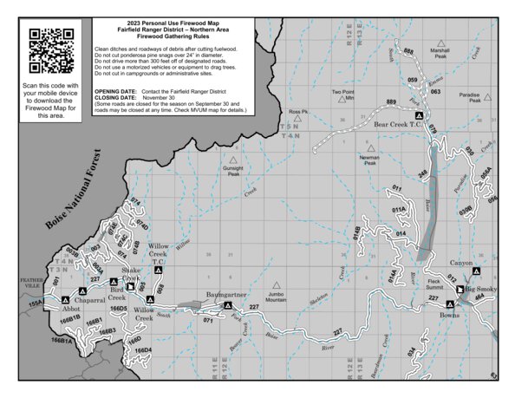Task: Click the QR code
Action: pyautogui.click(x=50, y=50)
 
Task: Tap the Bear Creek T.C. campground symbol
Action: pyautogui.click(x=419, y=115)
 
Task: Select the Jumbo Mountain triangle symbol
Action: pyautogui.click(x=277, y=284)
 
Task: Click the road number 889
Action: pyautogui.click(x=391, y=103)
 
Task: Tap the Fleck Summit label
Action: pyautogui.click(x=435, y=284)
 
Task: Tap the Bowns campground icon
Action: pyautogui.click(x=449, y=304)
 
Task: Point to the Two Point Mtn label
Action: pyautogui.click(x=344, y=95)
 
